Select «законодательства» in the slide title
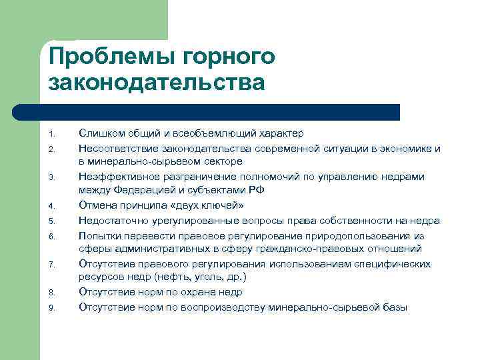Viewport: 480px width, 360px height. point(157,84)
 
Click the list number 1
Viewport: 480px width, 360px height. point(52,135)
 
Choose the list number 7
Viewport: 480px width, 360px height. point(52,266)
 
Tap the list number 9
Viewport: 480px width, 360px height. point(52,308)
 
